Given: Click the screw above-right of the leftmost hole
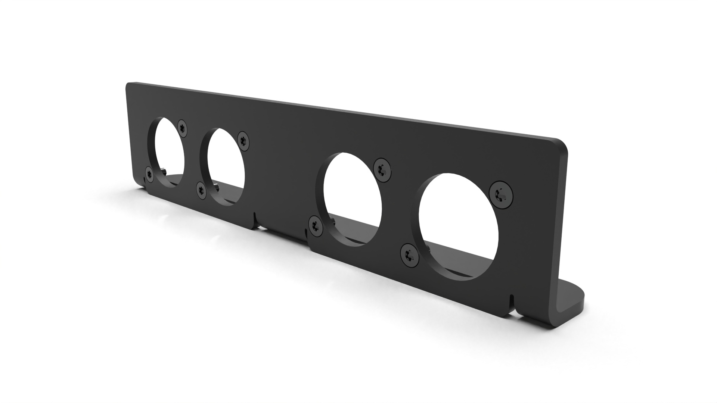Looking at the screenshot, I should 182,127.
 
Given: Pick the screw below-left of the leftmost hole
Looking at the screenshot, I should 149,174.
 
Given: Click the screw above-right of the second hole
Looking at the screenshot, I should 243,140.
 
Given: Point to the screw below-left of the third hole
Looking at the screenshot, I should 316,226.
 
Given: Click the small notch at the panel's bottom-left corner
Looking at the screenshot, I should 144,181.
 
